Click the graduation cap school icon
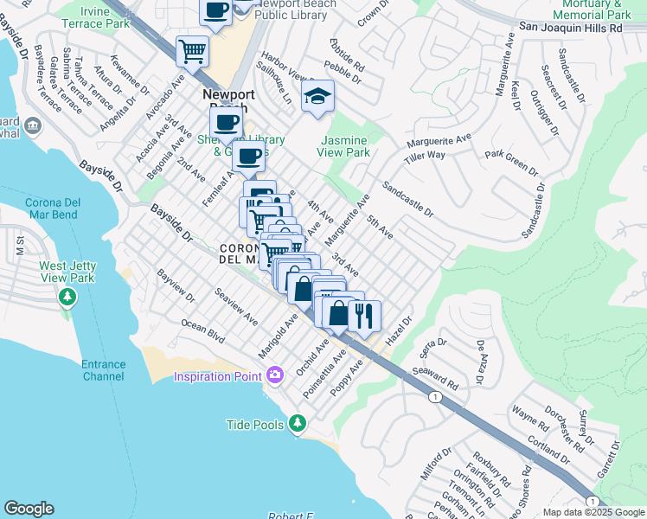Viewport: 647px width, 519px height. click(x=317, y=97)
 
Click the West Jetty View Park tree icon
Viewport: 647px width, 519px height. click(x=67, y=298)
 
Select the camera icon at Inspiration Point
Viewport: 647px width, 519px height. click(x=275, y=375)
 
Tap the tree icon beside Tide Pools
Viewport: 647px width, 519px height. click(x=298, y=423)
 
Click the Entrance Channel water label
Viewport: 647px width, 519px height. click(x=104, y=370)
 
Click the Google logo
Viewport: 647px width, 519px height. click(x=29, y=509)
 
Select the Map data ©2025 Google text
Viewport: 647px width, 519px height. click(x=593, y=512)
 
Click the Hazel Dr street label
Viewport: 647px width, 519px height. click(x=400, y=331)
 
